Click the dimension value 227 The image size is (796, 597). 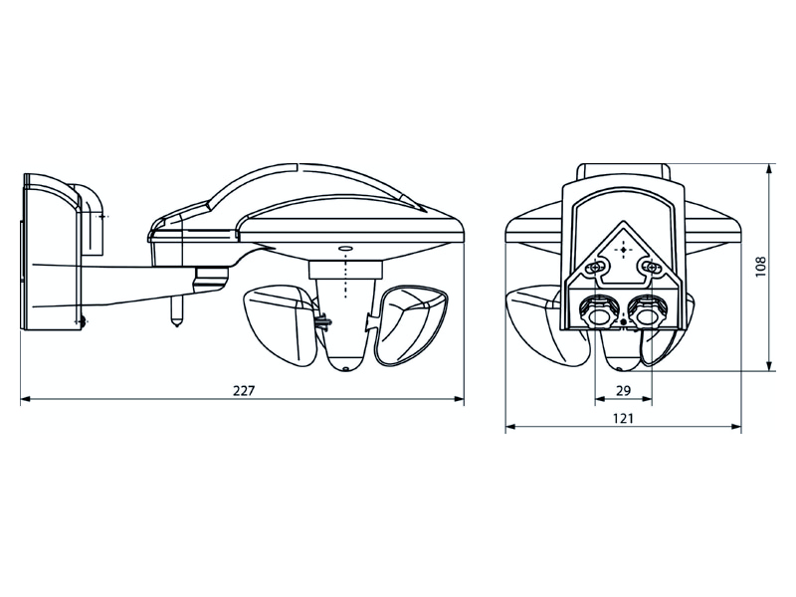pos(243,390)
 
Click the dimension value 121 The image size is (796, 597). pos(623,418)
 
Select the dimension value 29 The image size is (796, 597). pos(623,390)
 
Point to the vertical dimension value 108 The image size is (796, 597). pos(760,267)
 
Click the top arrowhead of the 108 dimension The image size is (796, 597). pos(770,170)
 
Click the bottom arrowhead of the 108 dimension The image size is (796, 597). pos(770,364)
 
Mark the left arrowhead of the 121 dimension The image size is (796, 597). pos(511,427)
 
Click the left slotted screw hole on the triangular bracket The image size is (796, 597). pos(595,267)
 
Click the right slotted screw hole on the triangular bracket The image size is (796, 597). pos(651,267)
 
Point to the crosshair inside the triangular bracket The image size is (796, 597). pos(623,250)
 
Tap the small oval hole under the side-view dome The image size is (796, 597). pos(344,248)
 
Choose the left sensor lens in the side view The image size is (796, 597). pos(281,324)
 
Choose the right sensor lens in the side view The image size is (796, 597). pos(410,326)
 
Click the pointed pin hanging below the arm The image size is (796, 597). pos(177,311)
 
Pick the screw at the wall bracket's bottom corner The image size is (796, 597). pos(80,320)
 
